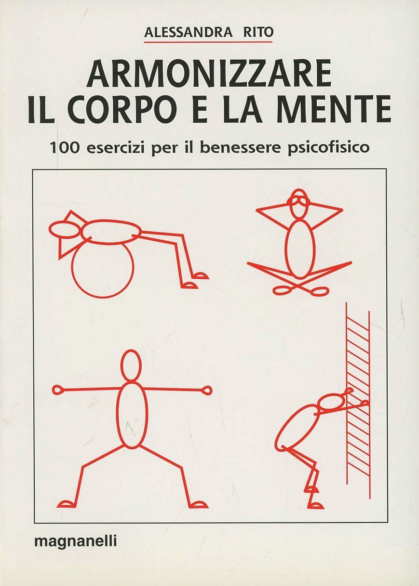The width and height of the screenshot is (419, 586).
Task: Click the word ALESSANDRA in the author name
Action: [x=188, y=33]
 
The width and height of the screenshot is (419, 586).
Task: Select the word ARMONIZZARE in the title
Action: [x=209, y=75]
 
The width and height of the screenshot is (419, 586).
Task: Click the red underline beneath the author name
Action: [x=209, y=41]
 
